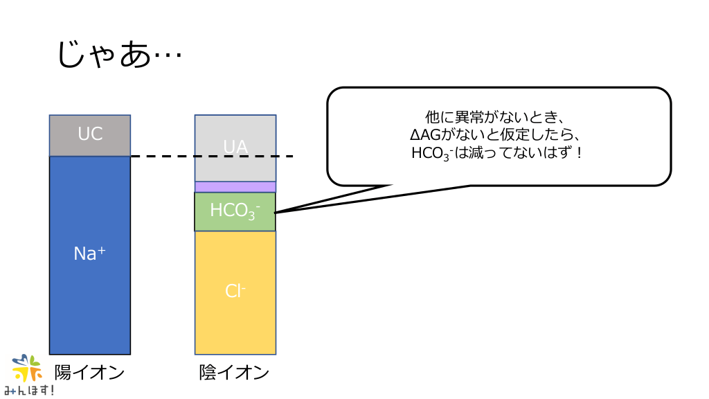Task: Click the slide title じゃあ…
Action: (118, 53)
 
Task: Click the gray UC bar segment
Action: (90, 135)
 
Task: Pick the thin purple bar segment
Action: (235, 186)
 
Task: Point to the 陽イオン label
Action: (90, 373)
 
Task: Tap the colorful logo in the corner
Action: (28, 368)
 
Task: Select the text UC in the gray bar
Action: (90, 134)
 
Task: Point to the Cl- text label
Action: (235, 291)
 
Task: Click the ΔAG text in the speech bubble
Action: (422, 134)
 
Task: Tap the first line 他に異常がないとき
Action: (499, 117)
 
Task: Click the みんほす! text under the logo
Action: (29, 391)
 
